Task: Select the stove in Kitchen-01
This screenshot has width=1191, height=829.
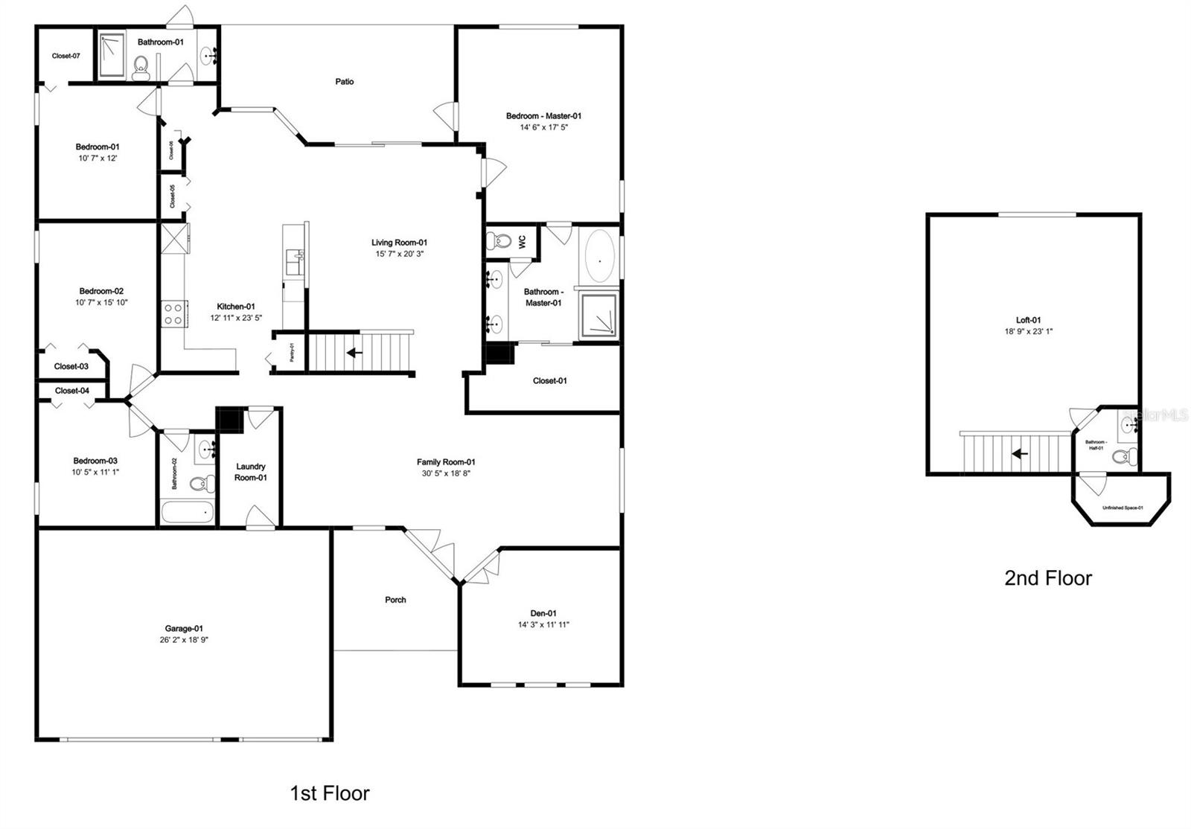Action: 173,313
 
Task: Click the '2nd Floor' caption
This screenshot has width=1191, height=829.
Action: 1047,578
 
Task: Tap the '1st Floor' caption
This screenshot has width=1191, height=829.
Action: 329,793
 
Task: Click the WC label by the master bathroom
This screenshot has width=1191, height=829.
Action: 522,242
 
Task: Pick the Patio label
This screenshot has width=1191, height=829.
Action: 344,82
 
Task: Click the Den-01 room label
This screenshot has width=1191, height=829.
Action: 543,614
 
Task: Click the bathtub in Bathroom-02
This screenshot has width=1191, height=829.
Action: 187,513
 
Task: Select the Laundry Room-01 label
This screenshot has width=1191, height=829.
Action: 251,472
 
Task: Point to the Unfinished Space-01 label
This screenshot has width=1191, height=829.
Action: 1123,508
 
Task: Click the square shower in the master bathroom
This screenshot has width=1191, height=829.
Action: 598,316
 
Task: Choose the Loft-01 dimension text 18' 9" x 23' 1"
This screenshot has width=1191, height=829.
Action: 1028,332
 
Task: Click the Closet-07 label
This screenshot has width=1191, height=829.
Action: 66,56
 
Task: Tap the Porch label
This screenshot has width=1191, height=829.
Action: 395,600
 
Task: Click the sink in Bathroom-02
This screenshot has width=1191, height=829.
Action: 206,449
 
